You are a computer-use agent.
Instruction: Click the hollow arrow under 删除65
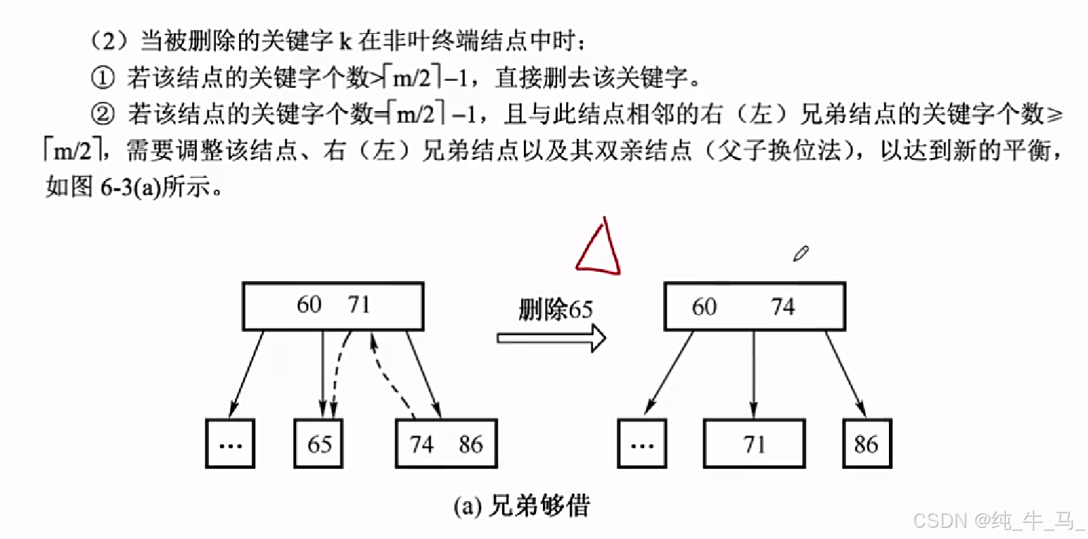click(x=551, y=338)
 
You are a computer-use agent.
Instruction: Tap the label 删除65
click(x=555, y=310)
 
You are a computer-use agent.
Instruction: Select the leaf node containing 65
click(x=319, y=444)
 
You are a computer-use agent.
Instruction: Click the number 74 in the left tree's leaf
click(x=422, y=444)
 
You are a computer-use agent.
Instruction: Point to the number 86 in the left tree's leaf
click(x=471, y=444)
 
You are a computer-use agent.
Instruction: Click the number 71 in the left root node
click(x=359, y=305)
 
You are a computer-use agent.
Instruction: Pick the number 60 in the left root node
click(x=309, y=305)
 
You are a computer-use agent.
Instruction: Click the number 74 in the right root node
click(x=782, y=307)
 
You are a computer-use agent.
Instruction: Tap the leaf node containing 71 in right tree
click(x=754, y=444)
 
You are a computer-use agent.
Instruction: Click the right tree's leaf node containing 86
click(x=866, y=444)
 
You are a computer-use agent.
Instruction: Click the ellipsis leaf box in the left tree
click(x=231, y=444)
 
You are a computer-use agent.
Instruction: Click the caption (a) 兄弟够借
click(x=522, y=506)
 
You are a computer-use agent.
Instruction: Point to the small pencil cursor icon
click(x=800, y=254)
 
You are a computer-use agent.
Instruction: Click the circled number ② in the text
click(x=102, y=115)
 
